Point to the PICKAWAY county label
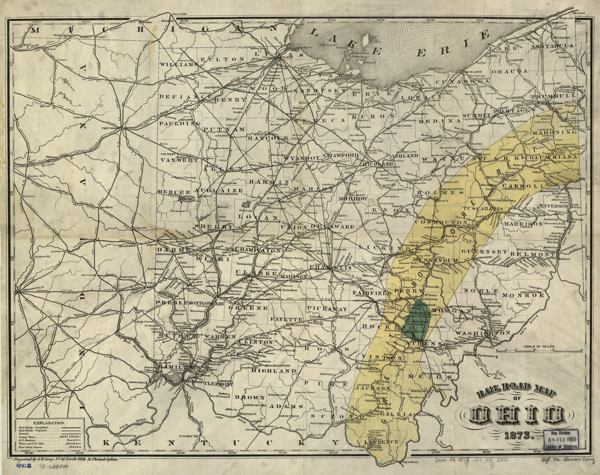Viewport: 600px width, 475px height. (x=327, y=309)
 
